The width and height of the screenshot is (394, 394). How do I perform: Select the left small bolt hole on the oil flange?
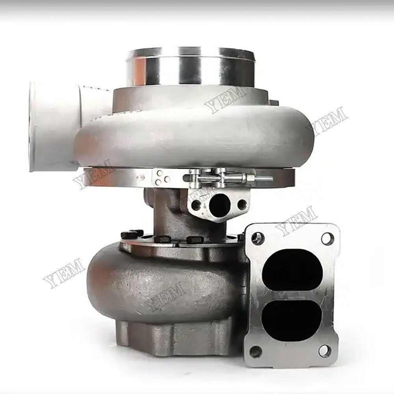point(196,205)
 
